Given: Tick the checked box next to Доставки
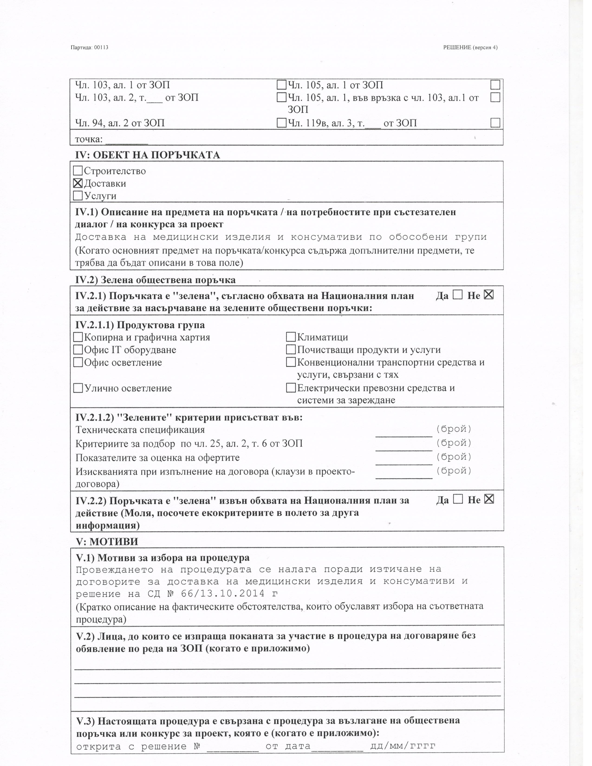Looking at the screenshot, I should click(78, 183).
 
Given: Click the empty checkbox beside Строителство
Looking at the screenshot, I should click(78, 171).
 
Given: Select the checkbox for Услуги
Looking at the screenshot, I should click(78, 195).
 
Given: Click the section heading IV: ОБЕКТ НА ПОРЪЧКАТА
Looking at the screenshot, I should click(148, 155).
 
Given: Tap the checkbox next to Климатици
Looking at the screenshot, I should click(291, 337).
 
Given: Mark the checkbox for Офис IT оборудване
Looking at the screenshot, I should click(78, 350).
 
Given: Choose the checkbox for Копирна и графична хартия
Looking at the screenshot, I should click(78, 337).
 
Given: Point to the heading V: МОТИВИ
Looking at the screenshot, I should click(107, 542).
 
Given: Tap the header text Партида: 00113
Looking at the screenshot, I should click(89, 47).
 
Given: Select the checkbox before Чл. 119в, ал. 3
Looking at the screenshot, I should click(281, 123).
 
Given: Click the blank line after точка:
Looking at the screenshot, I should click(127, 140).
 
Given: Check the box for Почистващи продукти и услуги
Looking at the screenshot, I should click(291, 350).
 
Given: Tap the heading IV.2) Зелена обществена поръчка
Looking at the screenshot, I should click(155, 280).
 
